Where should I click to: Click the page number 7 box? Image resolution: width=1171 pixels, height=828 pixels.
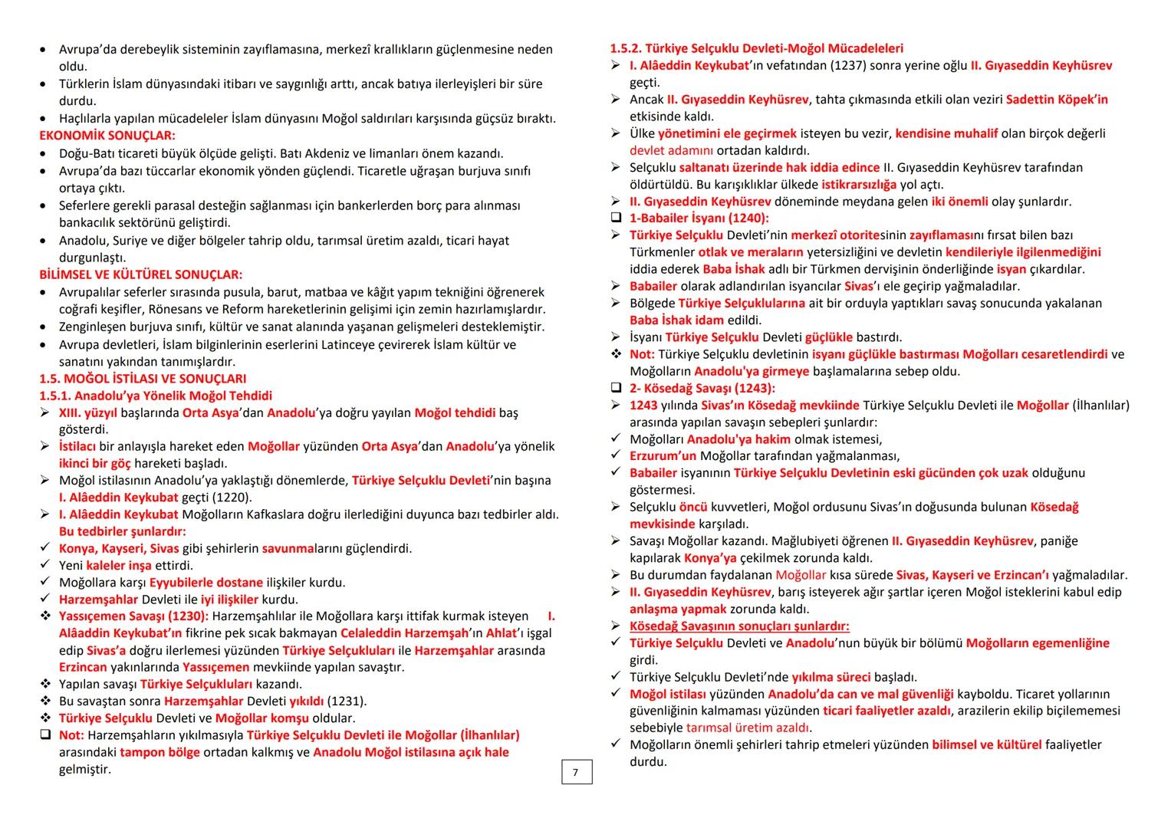[x=576, y=772]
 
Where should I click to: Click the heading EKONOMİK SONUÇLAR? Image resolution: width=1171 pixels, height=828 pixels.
[x=107, y=136]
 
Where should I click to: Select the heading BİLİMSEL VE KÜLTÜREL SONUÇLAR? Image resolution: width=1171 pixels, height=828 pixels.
[x=140, y=274]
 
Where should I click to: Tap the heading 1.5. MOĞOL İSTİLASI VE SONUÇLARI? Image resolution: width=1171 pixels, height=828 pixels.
[x=143, y=379]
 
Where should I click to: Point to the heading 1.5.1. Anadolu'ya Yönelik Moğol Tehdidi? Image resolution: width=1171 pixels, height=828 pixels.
[x=156, y=396]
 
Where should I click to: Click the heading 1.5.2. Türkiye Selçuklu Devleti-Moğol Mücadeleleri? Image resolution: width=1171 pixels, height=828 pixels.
[x=756, y=48]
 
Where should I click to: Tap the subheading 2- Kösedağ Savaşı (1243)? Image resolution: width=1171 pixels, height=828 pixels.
[x=702, y=388]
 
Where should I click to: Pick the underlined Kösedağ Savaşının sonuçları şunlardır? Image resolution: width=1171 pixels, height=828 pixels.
[x=739, y=626]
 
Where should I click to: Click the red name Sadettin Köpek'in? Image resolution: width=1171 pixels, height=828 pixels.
[x=1057, y=100]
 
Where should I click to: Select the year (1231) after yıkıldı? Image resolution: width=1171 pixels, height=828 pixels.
[x=346, y=701]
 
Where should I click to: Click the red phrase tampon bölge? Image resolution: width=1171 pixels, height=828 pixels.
[x=160, y=752]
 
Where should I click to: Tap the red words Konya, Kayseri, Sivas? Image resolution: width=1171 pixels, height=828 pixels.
[x=119, y=548]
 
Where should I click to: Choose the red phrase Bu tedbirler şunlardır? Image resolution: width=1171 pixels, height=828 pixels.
[x=122, y=531]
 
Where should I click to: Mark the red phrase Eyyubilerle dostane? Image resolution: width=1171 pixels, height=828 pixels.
[x=206, y=583]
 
